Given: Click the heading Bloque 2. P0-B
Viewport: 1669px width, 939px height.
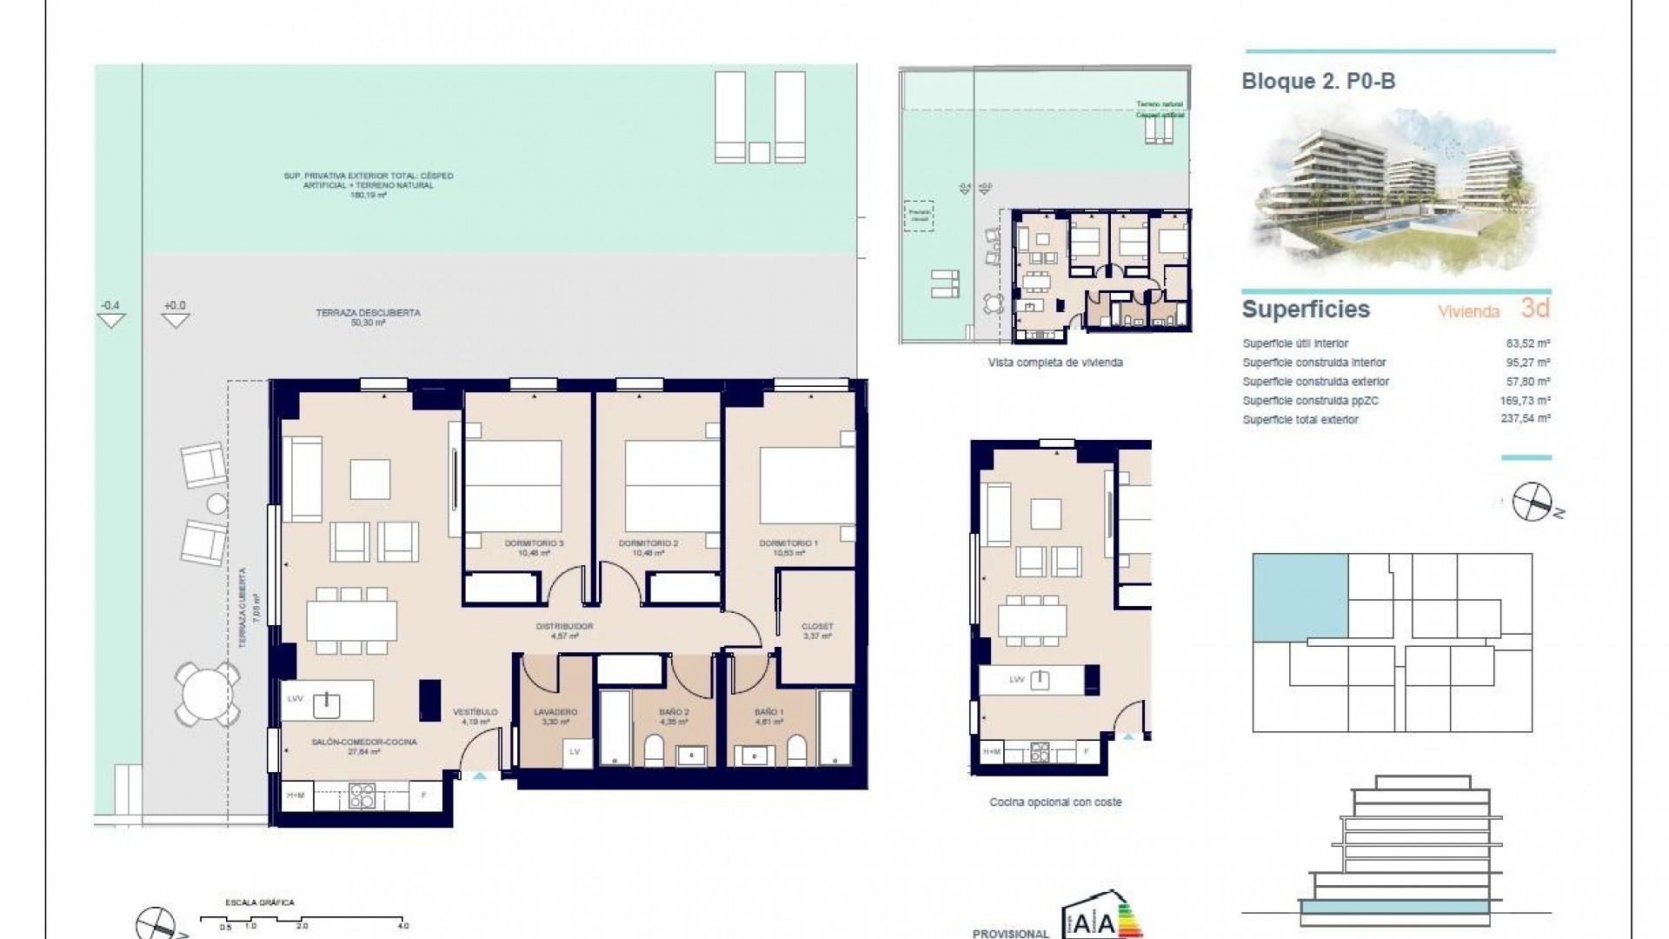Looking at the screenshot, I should pyautogui.click(x=1319, y=82).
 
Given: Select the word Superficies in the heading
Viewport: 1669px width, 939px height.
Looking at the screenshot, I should pyautogui.click(x=1306, y=310).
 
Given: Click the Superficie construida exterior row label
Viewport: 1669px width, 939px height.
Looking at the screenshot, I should pyautogui.click(x=1315, y=382).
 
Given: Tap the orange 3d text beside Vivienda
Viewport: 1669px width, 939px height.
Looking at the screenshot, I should pyautogui.click(x=1535, y=308).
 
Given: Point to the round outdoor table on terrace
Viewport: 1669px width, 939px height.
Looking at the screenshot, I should pyautogui.click(x=207, y=694).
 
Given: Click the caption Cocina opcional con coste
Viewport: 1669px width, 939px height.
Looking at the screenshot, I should pyautogui.click(x=1055, y=802).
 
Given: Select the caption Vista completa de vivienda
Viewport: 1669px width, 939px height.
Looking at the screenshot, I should pyautogui.click(x=1055, y=363).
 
